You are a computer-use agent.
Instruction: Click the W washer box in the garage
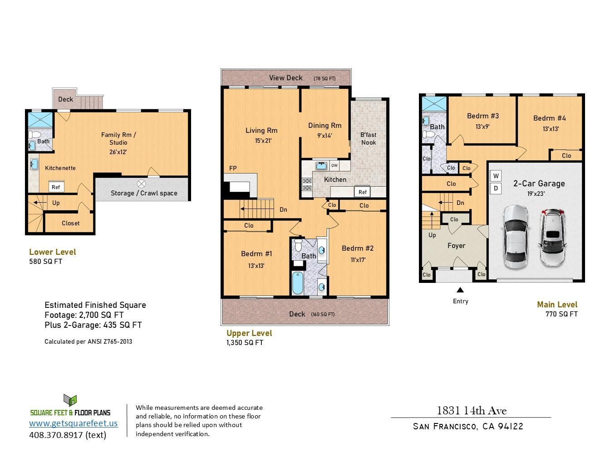point(496,176)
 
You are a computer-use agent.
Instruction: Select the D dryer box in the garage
point(496,188)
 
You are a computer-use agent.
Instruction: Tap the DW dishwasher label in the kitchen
point(334,166)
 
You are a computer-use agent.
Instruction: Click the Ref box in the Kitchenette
point(55,187)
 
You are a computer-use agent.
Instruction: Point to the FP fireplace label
point(233,169)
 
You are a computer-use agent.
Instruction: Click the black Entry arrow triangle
point(460,290)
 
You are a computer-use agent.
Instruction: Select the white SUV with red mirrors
point(553,238)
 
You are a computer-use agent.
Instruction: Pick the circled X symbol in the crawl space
point(142,184)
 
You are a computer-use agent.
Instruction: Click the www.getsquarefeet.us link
point(73,423)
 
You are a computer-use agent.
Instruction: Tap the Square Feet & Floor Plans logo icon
point(70,400)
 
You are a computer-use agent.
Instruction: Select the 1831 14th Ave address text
point(471,411)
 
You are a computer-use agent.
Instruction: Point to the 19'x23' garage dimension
point(536,194)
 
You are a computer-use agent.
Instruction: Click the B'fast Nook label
point(368,138)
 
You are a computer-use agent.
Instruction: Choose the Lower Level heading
point(52,252)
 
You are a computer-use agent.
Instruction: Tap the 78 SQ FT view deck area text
point(325,79)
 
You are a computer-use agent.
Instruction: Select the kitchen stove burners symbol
point(307,184)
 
